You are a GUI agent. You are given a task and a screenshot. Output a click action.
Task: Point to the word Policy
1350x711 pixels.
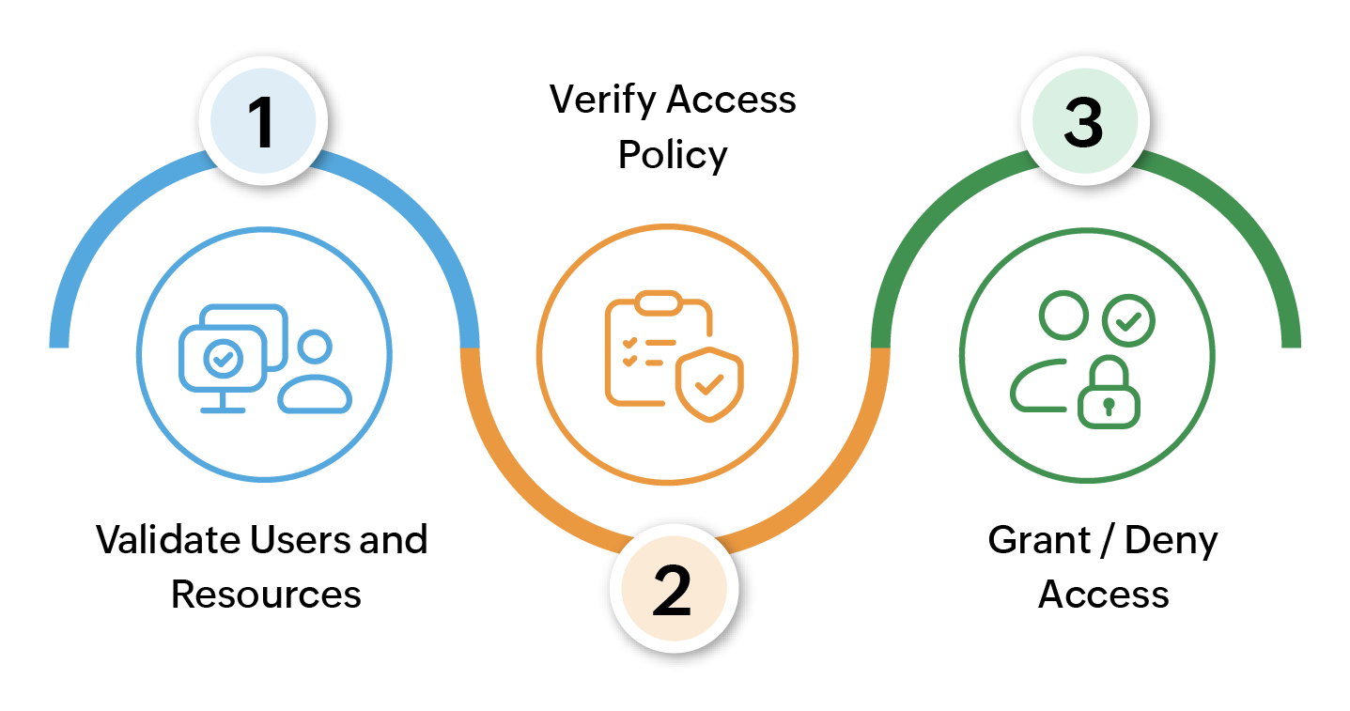click(x=673, y=155)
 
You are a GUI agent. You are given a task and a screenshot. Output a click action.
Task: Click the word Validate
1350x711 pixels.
click(x=167, y=540)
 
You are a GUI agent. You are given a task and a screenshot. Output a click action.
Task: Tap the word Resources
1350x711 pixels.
click(x=266, y=595)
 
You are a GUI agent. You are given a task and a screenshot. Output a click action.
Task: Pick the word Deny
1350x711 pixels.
click(x=1171, y=542)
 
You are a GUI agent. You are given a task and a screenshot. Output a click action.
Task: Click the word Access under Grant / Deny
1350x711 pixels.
click(x=1103, y=595)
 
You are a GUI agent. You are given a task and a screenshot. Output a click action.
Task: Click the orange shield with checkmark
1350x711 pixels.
click(x=709, y=383)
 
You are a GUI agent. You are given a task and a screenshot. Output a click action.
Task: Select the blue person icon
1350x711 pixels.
click(x=315, y=374)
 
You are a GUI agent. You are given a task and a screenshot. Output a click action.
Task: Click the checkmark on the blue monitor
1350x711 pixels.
click(x=223, y=357)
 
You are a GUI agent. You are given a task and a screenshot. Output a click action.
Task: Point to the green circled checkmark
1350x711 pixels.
click(x=1128, y=322)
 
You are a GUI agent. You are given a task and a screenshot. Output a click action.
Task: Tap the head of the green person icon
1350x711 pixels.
click(x=1063, y=316)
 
